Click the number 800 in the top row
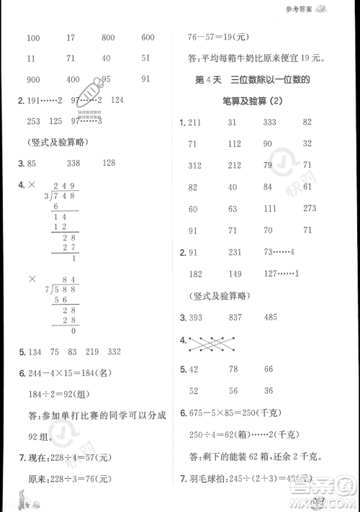point(109,37)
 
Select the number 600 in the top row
point(148,37)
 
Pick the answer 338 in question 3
point(73,163)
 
